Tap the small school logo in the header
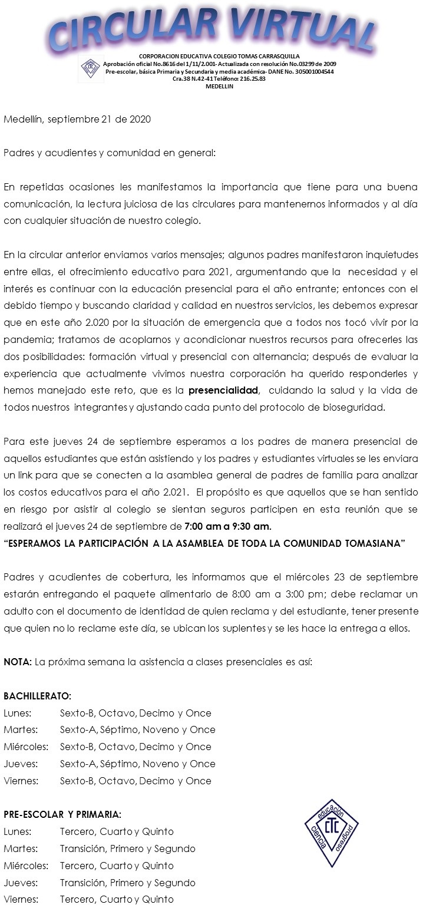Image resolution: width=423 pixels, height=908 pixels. [88, 68]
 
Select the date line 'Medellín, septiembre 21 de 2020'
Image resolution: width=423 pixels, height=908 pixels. [77, 119]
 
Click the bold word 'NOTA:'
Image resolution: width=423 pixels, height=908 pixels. [18, 662]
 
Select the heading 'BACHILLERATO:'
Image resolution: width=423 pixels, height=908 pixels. [37, 696]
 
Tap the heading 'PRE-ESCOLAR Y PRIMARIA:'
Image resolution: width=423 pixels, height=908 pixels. [62, 815]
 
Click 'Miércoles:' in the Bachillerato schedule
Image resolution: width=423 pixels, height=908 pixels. [26, 747]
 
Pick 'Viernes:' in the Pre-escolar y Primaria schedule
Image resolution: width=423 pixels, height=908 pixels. [21, 900]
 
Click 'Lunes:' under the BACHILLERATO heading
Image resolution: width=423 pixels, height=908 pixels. [18, 713]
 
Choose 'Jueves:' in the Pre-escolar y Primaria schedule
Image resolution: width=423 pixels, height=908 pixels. [21, 883]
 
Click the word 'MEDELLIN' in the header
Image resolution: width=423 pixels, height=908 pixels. [219, 86]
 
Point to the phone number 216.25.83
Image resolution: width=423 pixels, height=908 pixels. [252, 78]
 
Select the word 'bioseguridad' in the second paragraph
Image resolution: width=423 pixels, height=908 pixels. [357, 408]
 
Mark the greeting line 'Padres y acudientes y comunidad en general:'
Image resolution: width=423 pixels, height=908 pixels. [110, 153]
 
